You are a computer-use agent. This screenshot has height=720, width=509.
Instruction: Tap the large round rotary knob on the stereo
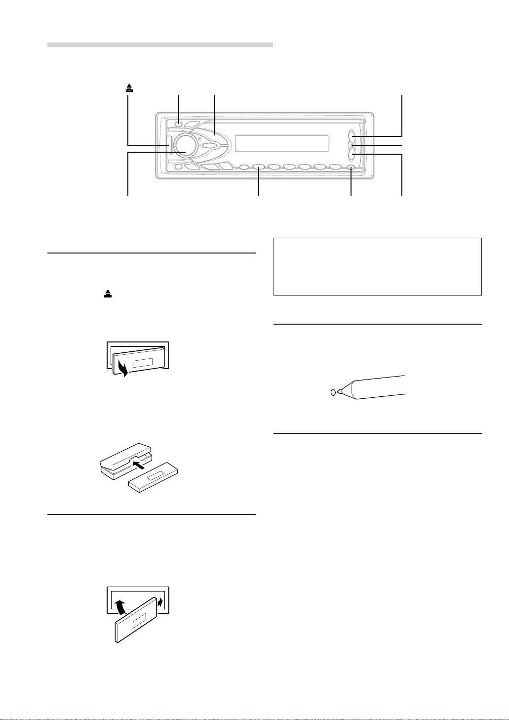pyautogui.click(x=183, y=145)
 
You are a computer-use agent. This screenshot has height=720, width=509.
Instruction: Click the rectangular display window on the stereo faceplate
pyautogui.click(x=282, y=143)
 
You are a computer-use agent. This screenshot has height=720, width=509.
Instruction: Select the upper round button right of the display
pyautogui.click(x=352, y=136)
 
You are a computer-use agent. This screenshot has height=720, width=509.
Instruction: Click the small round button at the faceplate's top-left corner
pyautogui.click(x=179, y=124)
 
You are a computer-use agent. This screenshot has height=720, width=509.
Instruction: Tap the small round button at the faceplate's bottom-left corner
pyautogui.click(x=179, y=167)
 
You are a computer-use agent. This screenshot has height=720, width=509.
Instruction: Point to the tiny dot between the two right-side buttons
pyautogui.click(x=352, y=145)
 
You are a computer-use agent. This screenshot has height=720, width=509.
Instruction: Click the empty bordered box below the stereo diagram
pyautogui.click(x=377, y=267)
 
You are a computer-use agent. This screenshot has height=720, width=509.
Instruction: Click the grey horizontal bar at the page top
pyautogui.click(x=160, y=44)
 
